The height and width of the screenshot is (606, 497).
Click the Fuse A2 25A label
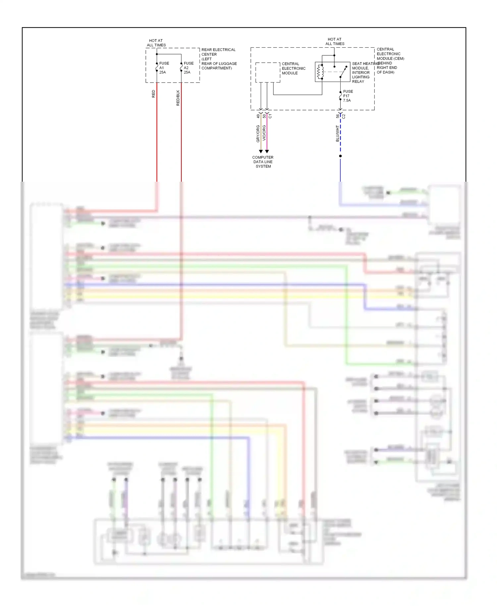click(188, 68)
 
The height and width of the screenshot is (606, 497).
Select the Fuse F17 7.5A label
click(348, 96)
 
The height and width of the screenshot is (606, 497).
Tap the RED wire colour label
click(153, 94)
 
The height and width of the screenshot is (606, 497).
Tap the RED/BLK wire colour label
click(178, 98)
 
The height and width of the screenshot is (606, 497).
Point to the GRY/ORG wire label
click(258, 134)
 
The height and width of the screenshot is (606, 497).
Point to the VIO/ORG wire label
click(264, 133)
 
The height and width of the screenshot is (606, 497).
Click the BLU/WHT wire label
click(337, 134)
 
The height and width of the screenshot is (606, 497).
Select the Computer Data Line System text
click(263, 162)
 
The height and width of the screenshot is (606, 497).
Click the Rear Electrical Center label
click(219, 59)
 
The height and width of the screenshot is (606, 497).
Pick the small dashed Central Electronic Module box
click(268, 72)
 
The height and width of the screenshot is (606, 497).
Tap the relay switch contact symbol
click(343, 72)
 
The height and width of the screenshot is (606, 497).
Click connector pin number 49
click(258, 116)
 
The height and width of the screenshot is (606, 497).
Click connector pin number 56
click(338, 116)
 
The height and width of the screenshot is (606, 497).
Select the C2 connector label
click(344, 116)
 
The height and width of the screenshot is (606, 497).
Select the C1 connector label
click(270, 116)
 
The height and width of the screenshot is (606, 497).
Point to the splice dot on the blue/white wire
click(340, 156)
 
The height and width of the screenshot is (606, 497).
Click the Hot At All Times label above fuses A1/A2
click(156, 43)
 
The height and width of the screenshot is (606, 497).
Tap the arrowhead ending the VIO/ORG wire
click(267, 151)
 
